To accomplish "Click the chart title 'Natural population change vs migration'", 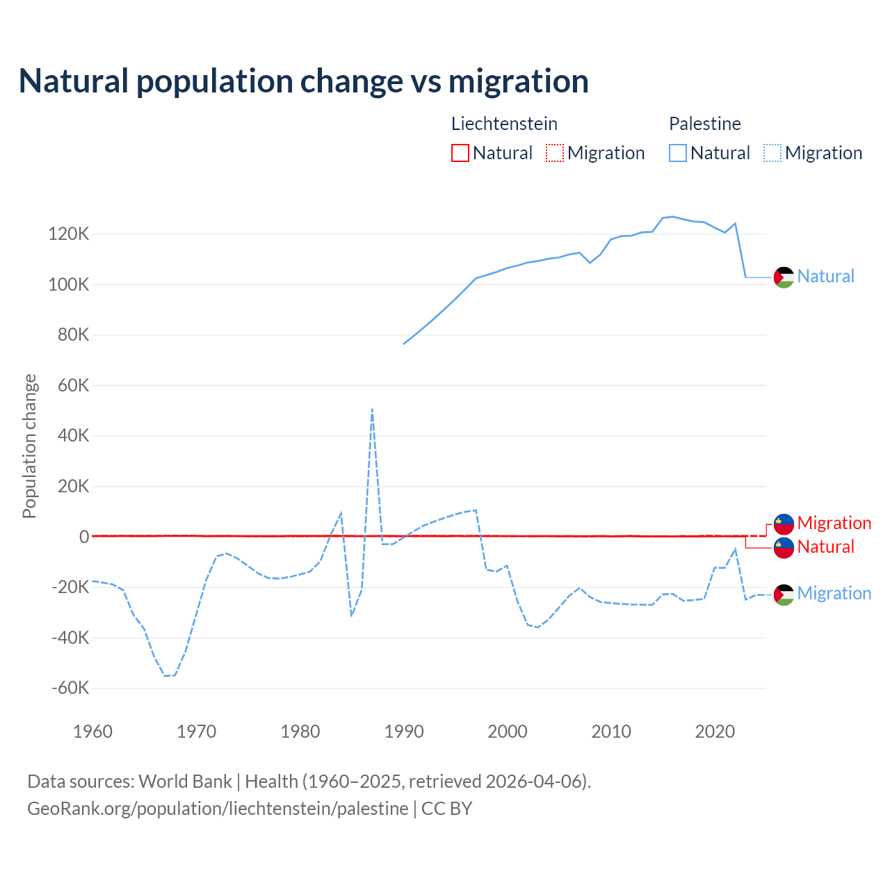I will tap(303, 81).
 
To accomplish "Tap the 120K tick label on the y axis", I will tap(69, 234).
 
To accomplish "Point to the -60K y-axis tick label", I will tap(70, 688).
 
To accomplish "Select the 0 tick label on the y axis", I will tap(84, 537).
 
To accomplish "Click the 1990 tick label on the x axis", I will tap(404, 731).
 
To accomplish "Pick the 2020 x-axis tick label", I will tap(715, 731).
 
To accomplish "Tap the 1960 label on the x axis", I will tap(92, 731).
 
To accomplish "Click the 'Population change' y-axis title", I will tap(29, 446).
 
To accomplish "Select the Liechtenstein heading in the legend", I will tap(504, 124).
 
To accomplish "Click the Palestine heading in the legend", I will tap(704, 124).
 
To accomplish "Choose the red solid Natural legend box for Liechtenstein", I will tap(460, 153).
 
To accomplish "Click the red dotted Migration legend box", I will tap(555, 153).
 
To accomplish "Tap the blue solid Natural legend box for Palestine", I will tap(678, 153).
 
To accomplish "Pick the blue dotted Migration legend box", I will tap(772, 153).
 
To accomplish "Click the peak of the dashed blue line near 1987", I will tap(373, 410).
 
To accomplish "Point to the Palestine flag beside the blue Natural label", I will tap(784, 277).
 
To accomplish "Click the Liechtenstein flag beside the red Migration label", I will tap(784, 524).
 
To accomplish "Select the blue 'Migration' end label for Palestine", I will tap(834, 593).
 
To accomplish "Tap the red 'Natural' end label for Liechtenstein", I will tap(825, 547).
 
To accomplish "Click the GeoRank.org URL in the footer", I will tap(218, 809).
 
